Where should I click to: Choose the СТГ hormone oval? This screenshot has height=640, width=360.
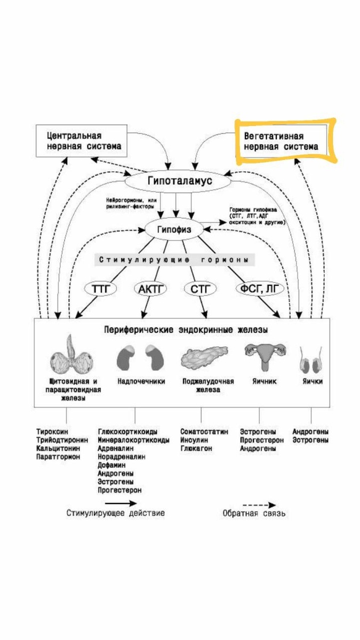(200, 289)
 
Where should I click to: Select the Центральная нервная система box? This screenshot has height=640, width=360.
(81, 141)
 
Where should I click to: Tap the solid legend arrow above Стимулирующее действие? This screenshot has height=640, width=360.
(121, 502)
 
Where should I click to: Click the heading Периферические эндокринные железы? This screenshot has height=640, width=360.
(185, 330)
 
